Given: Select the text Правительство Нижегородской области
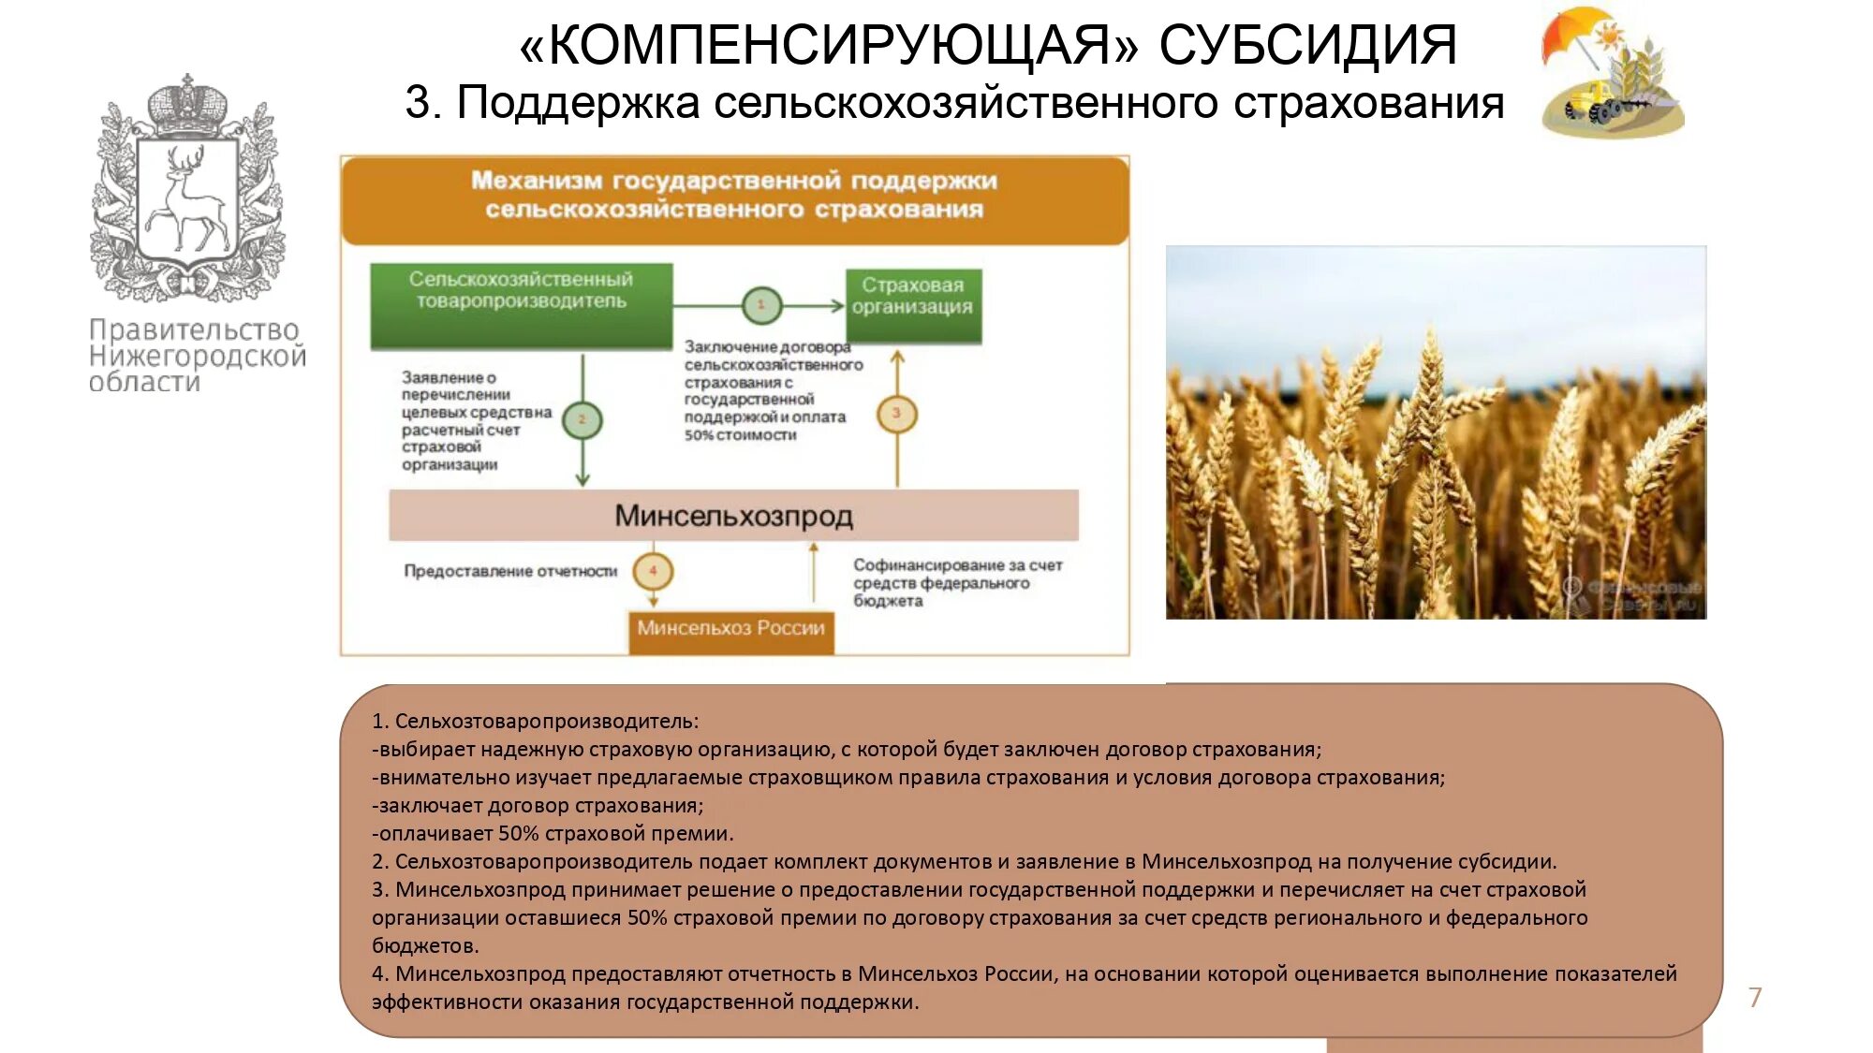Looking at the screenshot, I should [196, 356].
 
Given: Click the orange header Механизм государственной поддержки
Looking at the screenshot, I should [734, 195].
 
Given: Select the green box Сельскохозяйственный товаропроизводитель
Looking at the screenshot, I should [521, 305].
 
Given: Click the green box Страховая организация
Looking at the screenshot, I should [913, 305].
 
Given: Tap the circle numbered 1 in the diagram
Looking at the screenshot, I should [761, 305].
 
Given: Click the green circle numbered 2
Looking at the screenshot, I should [582, 420].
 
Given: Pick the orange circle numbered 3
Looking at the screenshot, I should [896, 415].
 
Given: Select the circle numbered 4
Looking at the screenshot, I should [653, 571].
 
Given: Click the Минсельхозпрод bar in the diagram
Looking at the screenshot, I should [733, 516].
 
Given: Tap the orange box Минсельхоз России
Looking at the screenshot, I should [730, 629].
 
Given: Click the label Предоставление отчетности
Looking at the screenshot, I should [510, 571].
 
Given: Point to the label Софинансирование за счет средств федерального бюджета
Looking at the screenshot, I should [957, 583].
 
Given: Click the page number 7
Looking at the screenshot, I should [1755, 998].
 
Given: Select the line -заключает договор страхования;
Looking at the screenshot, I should [537, 806].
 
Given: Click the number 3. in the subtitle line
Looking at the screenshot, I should [423, 103].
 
